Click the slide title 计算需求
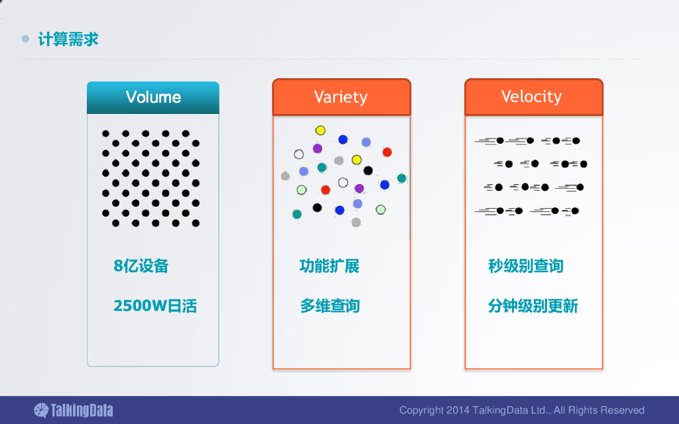(x=68, y=39)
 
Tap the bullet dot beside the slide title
(x=26, y=39)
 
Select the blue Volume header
(x=153, y=97)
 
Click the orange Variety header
(x=341, y=97)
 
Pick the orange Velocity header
(x=532, y=97)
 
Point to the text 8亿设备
(x=141, y=266)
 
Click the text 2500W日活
(x=155, y=306)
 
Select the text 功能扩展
(x=330, y=266)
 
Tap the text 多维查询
(x=330, y=306)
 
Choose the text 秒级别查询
(x=526, y=266)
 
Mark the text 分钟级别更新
(x=533, y=306)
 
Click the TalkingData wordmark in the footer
(x=83, y=410)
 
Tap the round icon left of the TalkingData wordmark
(x=41, y=410)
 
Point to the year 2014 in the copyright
(x=458, y=410)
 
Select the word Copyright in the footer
(x=421, y=410)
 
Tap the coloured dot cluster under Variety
(x=342, y=176)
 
